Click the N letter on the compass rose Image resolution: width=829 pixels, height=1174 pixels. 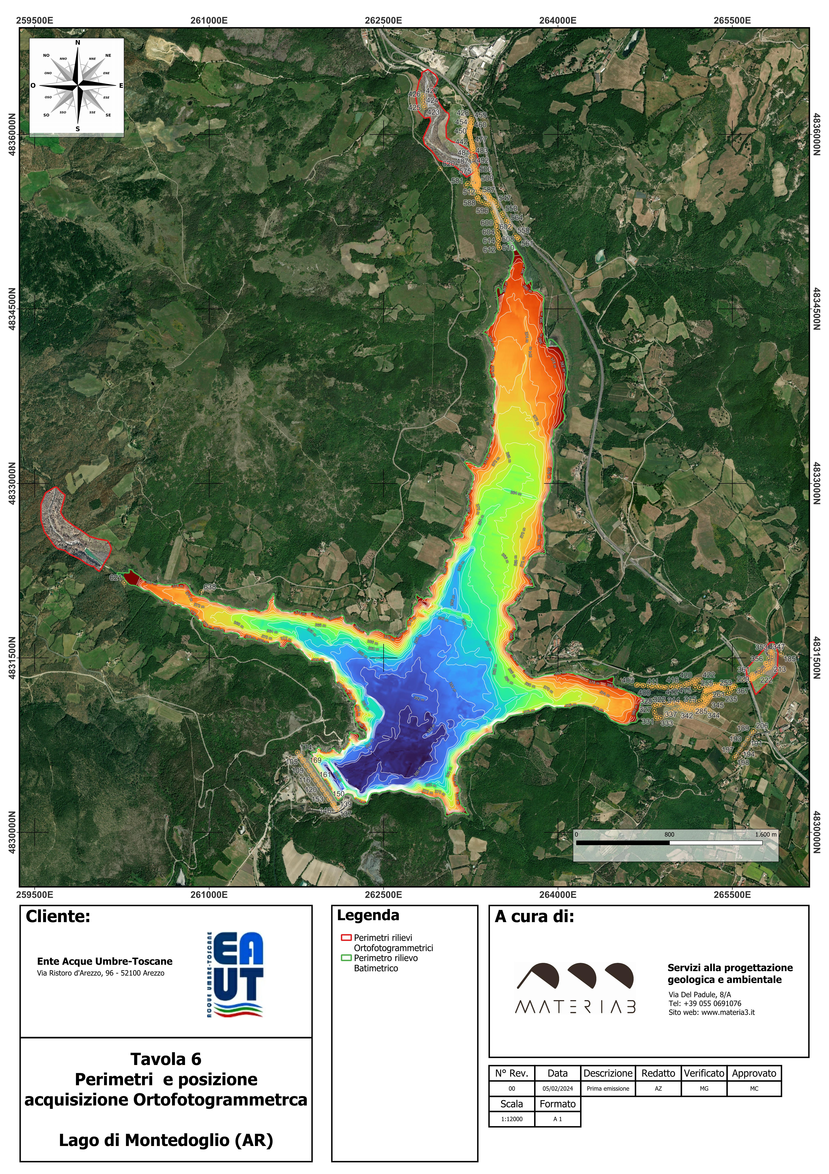[x=78, y=42]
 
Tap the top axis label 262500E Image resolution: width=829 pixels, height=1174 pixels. [x=383, y=20]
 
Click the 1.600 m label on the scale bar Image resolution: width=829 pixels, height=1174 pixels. [x=765, y=834]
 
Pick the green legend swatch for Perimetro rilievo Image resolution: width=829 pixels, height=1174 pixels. [x=346, y=958]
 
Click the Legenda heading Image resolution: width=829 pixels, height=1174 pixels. [x=368, y=915]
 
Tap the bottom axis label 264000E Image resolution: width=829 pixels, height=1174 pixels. [x=558, y=895]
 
